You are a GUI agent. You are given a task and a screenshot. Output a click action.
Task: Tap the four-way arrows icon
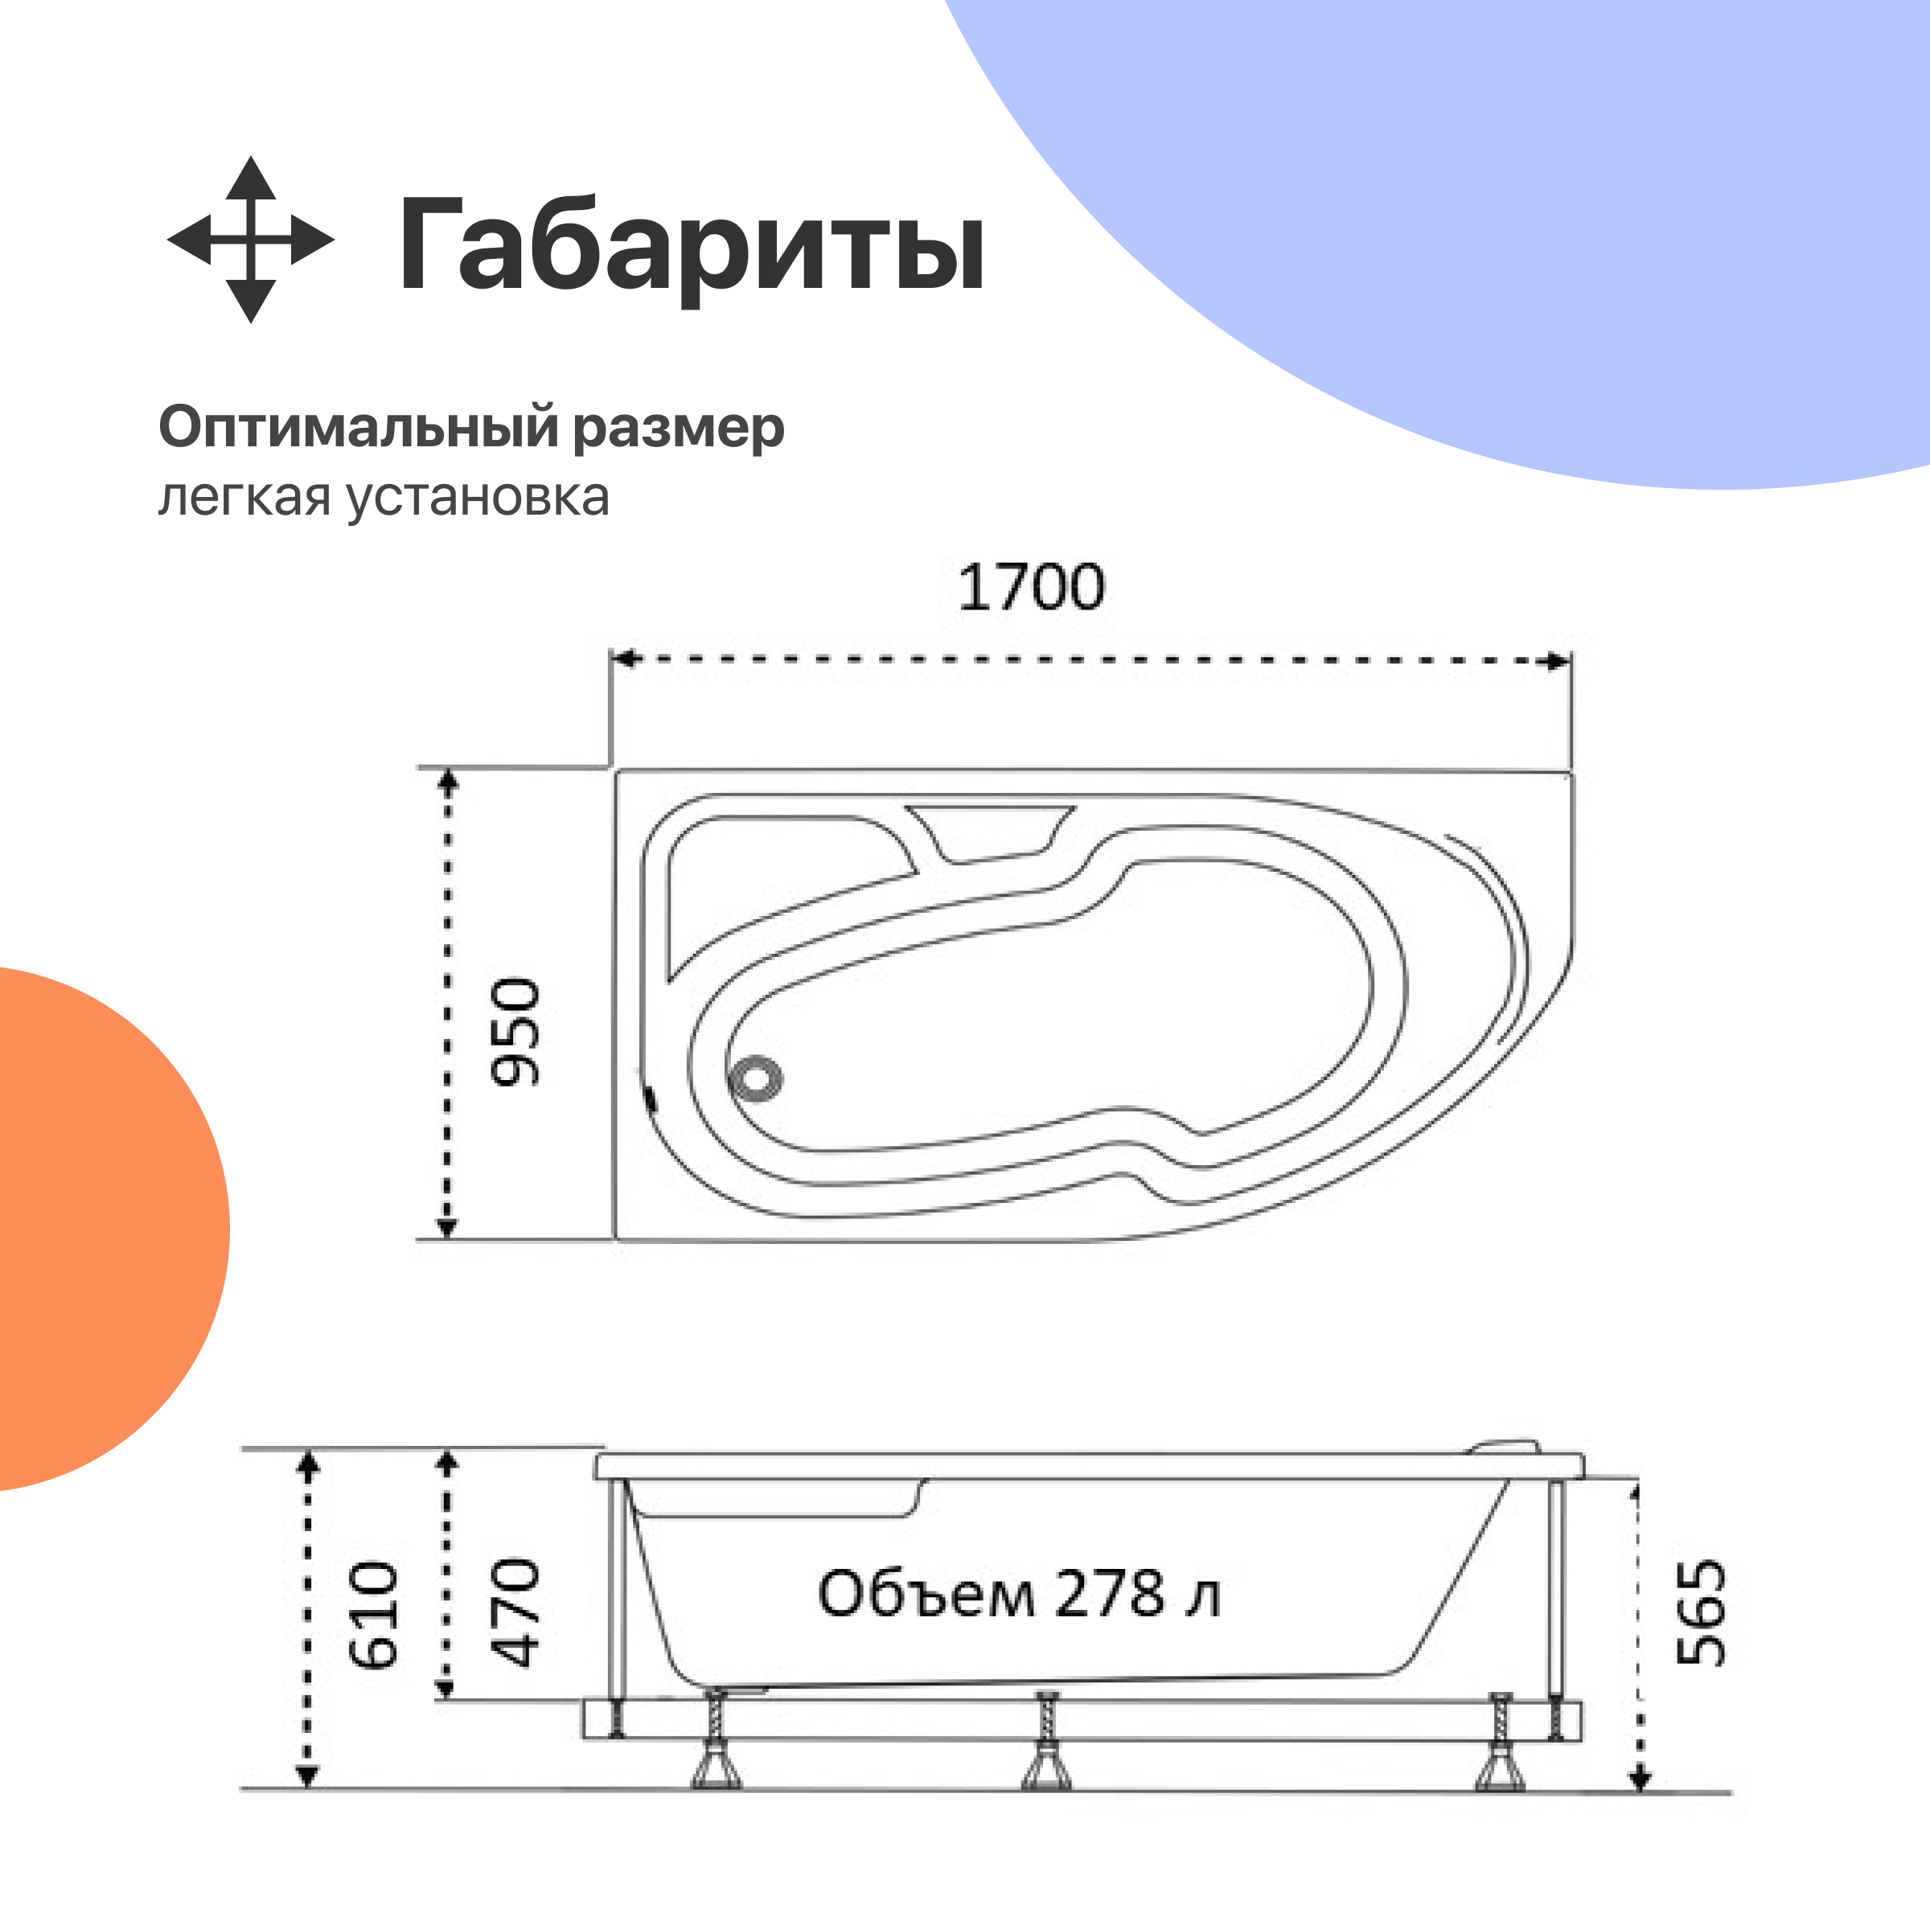tap(250, 240)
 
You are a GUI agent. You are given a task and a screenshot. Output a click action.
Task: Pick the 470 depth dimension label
tap(515, 1612)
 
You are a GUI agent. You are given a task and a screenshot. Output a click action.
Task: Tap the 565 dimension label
tap(1700, 1612)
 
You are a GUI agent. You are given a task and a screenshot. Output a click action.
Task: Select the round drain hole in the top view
tap(756, 1080)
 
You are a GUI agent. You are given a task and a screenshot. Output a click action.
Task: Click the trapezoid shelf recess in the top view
tap(989, 832)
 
